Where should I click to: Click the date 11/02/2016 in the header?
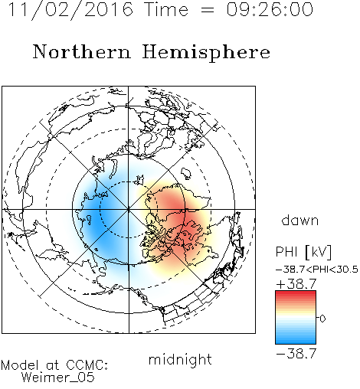click(71, 10)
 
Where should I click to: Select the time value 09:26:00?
click(270, 9)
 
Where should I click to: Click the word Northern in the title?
click(82, 52)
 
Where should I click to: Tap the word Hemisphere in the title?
click(206, 53)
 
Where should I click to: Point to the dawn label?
click(300, 220)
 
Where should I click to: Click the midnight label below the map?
click(180, 359)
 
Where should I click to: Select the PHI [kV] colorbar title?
click(304, 252)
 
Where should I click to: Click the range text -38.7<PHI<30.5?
click(317, 270)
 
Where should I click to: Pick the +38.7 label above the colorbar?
click(296, 284)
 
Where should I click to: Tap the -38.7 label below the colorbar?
click(296, 354)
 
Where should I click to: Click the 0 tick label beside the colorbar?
click(322, 319)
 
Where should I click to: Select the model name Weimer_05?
click(58, 378)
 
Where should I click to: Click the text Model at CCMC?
click(54, 365)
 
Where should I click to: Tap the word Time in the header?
click(166, 9)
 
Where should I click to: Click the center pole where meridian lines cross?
click(128, 210)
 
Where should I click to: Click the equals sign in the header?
click(208, 11)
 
